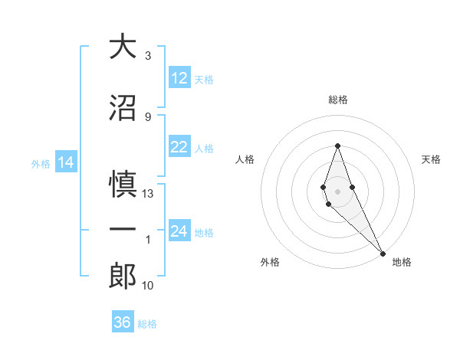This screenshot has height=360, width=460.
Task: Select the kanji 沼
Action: [123, 108]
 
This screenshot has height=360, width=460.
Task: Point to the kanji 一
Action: [123, 230]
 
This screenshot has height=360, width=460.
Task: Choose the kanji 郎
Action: [123, 276]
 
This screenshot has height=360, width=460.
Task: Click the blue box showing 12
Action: [179, 78]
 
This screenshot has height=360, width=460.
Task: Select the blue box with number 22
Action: [179, 148]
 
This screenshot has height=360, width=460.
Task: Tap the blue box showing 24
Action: [179, 231]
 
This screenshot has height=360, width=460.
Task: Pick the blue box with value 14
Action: [66, 162]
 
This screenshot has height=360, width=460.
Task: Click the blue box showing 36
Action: [122, 322]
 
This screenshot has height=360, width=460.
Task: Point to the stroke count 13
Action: [148, 194]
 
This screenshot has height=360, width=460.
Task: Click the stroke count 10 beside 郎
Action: [148, 286]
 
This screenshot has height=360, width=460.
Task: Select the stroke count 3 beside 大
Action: [148, 56]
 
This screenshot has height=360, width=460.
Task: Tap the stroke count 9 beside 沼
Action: [148, 117]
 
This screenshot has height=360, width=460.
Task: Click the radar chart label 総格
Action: [338, 100]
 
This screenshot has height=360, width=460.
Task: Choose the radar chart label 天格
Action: [431, 159]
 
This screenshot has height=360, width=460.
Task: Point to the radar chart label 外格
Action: [270, 262]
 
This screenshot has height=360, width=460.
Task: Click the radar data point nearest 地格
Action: [383, 252]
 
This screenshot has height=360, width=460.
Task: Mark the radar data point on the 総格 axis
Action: [337, 146]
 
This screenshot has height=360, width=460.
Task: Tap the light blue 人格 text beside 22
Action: [204, 149]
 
